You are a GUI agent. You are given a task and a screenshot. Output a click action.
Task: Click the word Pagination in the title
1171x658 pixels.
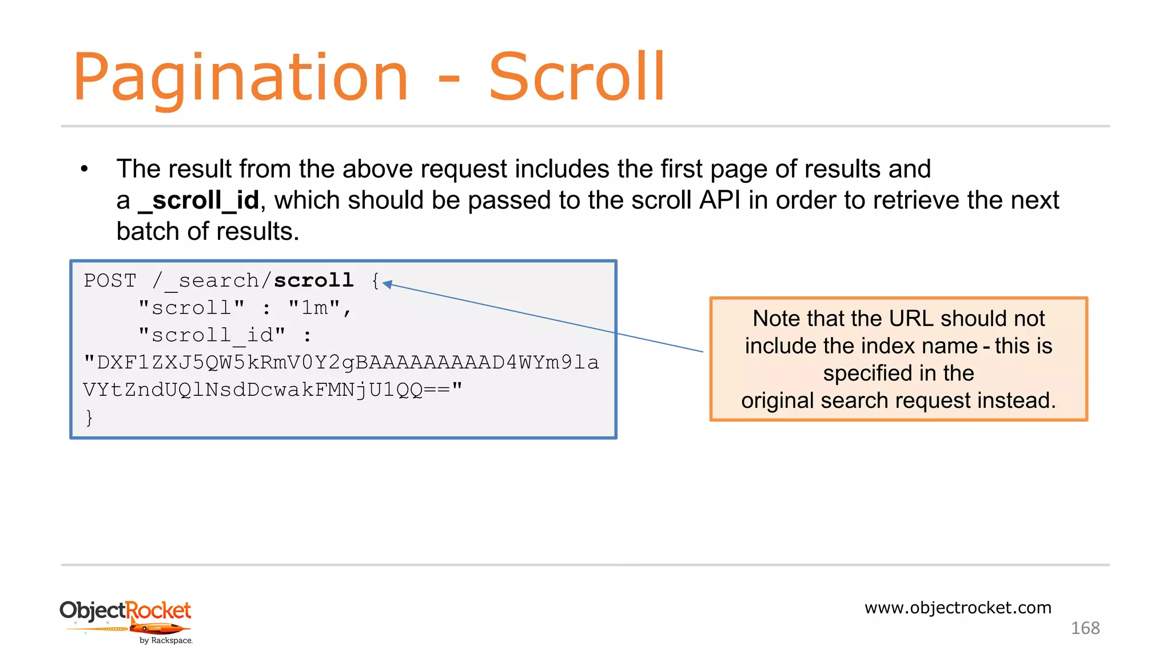click(241, 77)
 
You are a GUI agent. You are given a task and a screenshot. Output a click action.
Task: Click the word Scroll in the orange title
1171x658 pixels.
click(576, 77)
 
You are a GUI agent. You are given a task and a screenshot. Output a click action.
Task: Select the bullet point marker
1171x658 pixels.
click(85, 169)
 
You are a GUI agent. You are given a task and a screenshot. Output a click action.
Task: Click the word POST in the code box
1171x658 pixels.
click(110, 281)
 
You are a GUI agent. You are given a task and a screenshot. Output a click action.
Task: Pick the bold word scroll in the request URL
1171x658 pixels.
click(313, 280)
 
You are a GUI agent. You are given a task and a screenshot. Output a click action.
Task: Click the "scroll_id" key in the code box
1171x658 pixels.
click(212, 335)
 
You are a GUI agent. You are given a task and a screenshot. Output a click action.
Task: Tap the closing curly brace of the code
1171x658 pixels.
click(89, 418)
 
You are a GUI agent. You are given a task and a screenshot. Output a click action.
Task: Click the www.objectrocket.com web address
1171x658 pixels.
click(958, 608)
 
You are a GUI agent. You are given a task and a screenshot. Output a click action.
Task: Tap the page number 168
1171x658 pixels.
click(1085, 628)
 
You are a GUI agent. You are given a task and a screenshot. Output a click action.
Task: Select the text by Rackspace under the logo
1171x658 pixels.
click(166, 641)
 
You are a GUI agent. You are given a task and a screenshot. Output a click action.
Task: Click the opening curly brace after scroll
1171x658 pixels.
click(375, 280)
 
